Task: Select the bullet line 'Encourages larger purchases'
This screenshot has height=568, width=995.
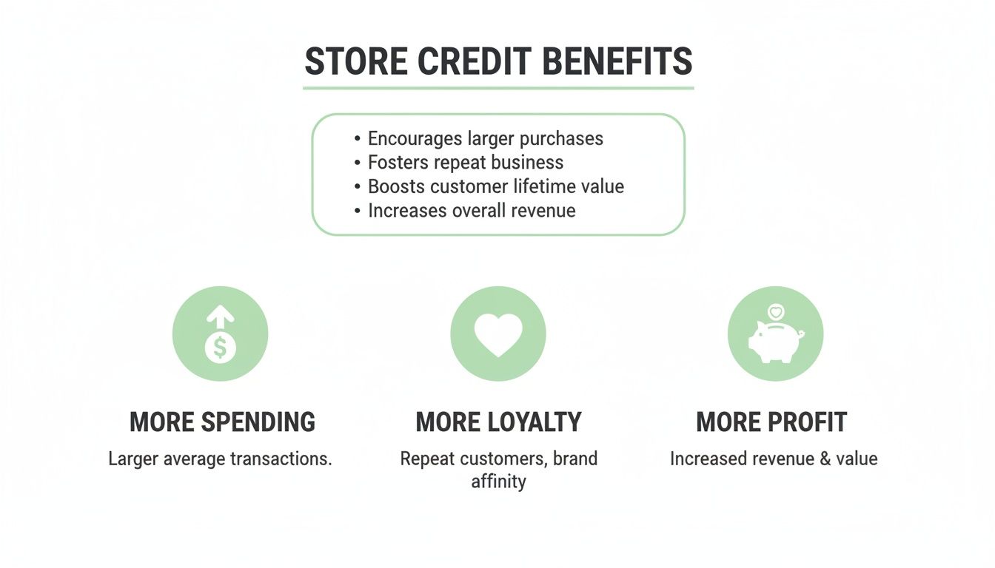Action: (485, 138)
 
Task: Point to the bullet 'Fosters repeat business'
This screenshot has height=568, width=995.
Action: (465, 162)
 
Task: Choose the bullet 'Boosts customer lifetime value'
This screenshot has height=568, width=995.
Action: (495, 186)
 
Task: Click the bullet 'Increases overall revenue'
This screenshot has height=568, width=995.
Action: (472, 210)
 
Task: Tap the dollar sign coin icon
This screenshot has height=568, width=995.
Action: (220, 348)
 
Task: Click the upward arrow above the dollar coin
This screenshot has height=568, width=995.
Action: (220, 319)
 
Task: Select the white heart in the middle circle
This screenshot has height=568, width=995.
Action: (498, 334)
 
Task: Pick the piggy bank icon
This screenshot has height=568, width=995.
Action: (774, 342)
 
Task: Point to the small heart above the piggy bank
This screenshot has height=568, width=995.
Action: (776, 312)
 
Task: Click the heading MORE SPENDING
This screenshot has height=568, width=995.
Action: (222, 422)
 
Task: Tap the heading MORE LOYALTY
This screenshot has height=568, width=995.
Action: (498, 422)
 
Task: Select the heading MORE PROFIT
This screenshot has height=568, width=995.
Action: (771, 422)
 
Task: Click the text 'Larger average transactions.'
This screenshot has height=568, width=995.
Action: (220, 459)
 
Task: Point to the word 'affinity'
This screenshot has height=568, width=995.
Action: (498, 481)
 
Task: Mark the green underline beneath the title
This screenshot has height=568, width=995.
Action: (498, 88)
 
